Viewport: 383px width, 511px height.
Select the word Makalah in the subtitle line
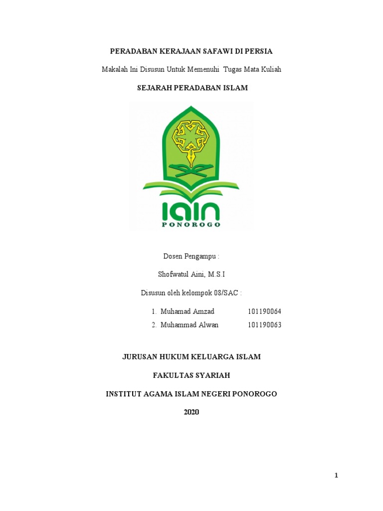tap(115, 69)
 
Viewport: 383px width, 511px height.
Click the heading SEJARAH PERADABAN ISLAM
tap(192, 88)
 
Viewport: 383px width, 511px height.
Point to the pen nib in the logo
tap(191, 158)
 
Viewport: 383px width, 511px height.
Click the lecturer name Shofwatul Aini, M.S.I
tap(191, 274)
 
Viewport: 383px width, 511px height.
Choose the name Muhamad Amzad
tap(188, 311)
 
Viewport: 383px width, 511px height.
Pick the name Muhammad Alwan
tap(190, 325)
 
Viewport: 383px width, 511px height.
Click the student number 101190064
tap(264, 311)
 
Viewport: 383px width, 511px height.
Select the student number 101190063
tap(264, 325)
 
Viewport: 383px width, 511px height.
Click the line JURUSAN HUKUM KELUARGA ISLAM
tap(191, 357)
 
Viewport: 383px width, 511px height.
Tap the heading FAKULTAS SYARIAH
tap(191, 375)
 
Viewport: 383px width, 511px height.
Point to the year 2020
tap(191, 412)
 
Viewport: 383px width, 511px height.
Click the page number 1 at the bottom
tap(337, 476)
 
